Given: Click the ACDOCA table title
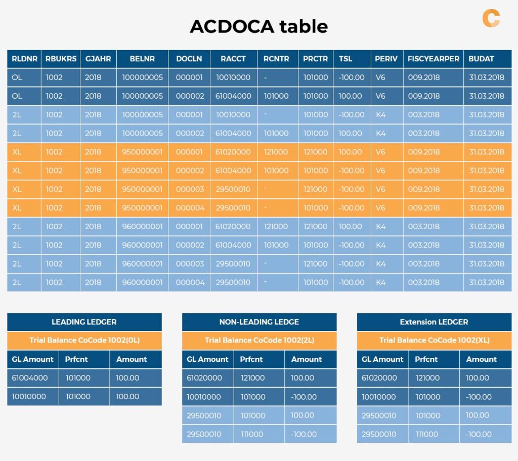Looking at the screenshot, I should [258, 26].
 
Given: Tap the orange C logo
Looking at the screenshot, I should [491, 18].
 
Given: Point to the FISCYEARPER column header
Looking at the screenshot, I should [434, 59].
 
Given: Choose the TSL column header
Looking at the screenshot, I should [346, 59].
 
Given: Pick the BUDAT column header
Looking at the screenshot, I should [481, 59].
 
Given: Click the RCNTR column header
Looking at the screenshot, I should [276, 59].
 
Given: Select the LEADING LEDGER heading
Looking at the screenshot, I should [84, 322].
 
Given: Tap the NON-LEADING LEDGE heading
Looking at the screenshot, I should [259, 322].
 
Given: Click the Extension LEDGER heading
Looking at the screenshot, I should [434, 322].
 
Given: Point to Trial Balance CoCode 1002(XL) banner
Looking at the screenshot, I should [434, 341].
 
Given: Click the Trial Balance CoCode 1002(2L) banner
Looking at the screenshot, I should [259, 341].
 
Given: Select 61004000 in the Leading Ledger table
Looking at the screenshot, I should [29, 378].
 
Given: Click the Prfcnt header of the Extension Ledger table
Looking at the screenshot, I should [426, 359].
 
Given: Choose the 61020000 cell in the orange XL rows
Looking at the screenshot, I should [233, 152].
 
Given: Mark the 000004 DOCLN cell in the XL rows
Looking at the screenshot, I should [190, 208].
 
